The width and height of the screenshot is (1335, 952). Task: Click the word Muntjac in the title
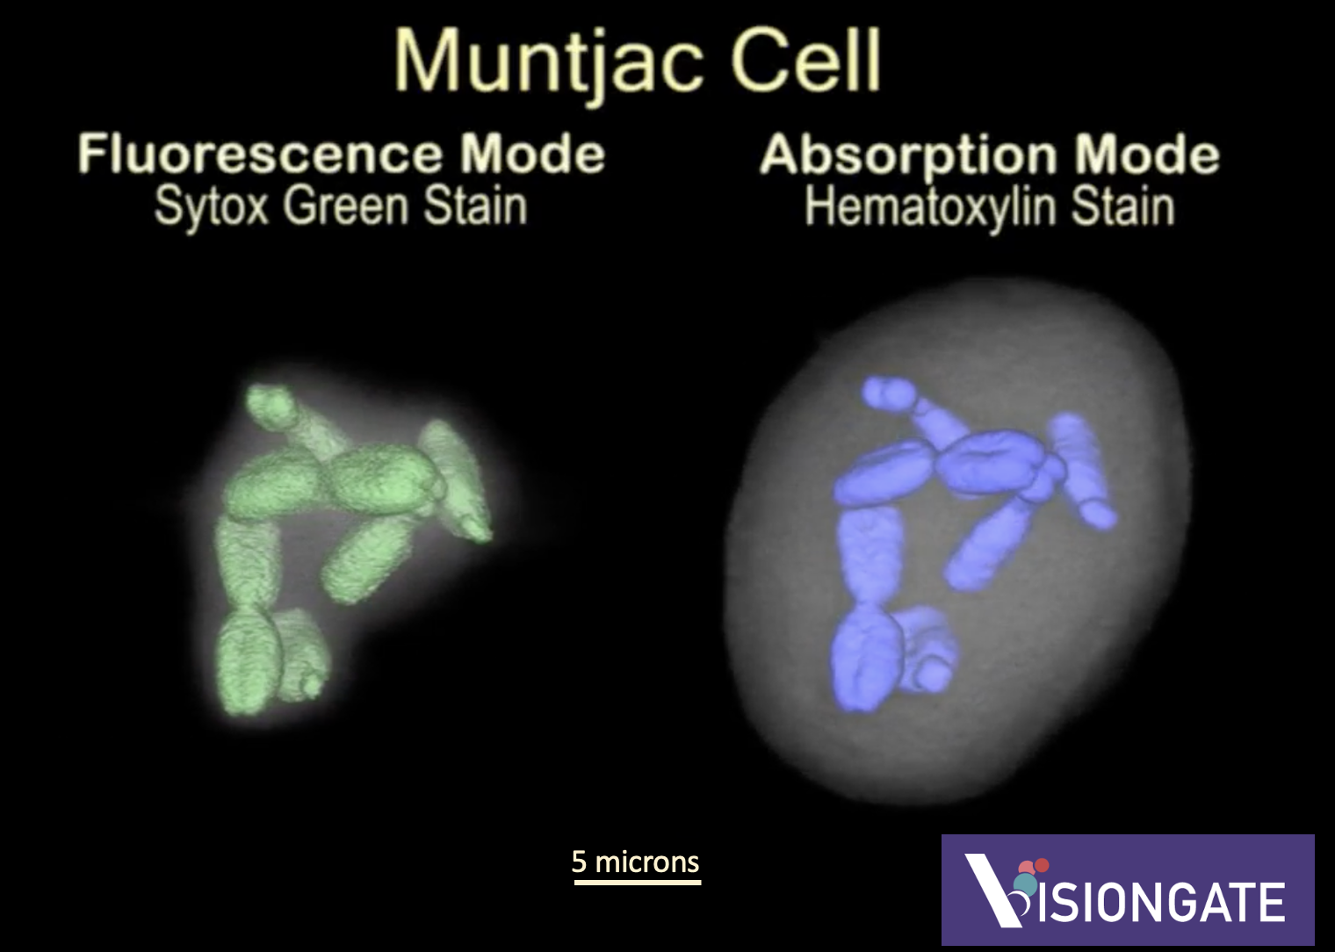[548, 62]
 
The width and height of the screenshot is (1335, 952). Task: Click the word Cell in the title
[805, 59]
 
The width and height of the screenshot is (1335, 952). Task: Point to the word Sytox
[211, 208]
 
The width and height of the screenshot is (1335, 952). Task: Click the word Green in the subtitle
[346, 206]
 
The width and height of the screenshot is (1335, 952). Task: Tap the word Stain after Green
[475, 206]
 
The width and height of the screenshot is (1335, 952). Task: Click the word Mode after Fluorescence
[532, 153]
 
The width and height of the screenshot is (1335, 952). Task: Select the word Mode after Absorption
[1147, 154]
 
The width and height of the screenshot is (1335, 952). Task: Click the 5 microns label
[635, 862]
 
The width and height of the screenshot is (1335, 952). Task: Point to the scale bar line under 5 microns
[637, 883]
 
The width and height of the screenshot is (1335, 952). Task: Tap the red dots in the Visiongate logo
[1034, 866]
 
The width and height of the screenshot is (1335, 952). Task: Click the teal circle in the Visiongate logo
[1025, 884]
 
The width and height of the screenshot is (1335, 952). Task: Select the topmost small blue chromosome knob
[888, 393]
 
